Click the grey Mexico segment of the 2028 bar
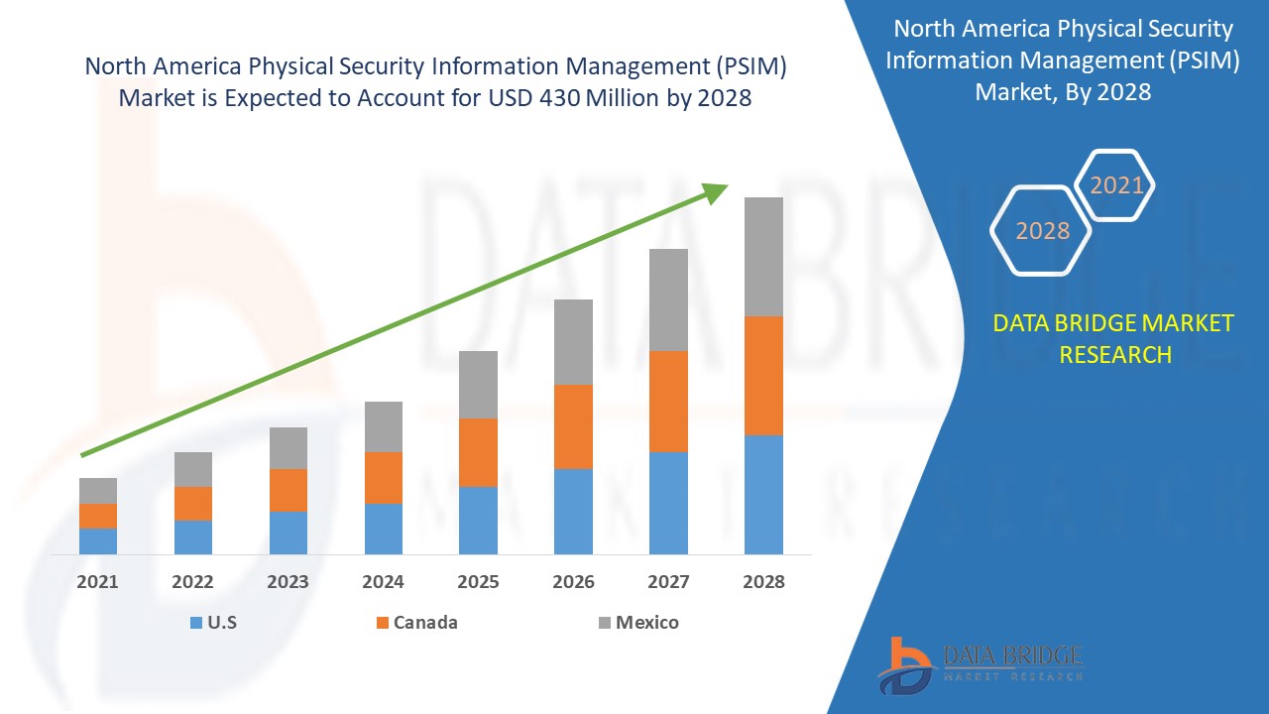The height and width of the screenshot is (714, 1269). click(x=763, y=257)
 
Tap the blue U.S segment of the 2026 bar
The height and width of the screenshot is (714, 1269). click(x=573, y=511)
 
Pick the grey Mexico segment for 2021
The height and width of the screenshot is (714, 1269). click(x=98, y=491)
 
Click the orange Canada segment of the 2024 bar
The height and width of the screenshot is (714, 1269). click(x=384, y=478)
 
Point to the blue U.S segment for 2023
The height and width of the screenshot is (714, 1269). click(x=288, y=533)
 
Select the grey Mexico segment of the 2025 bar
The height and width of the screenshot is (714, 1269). click(x=478, y=385)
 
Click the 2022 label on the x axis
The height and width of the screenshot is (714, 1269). click(x=192, y=582)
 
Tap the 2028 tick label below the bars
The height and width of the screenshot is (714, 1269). click(x=763, y=582)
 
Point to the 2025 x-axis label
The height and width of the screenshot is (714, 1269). click(x=478, y=582)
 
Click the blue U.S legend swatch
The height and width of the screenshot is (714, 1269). click(x=196, y=623)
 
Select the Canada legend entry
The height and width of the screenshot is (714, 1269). click(x=425, y=623)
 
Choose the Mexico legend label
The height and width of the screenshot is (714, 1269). click(x=646, y=623)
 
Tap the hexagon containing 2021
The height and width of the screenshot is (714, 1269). click(x=1116, y=185)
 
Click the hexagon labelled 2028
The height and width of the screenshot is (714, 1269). click(x=1042, y=230)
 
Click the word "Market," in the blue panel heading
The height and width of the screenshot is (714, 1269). click(x=1011, y=92)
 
